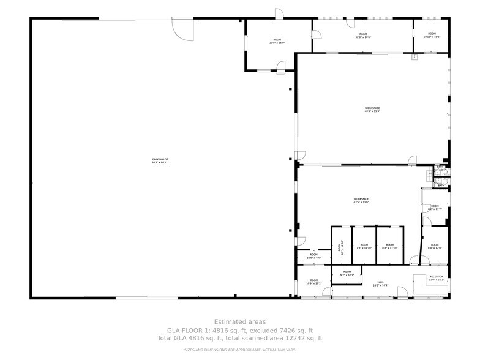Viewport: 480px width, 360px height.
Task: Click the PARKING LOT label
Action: tap(160, 162)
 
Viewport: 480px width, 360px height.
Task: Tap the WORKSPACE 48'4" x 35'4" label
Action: tap(372, 110)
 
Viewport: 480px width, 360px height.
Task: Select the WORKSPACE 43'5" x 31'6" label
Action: tap(361, 200)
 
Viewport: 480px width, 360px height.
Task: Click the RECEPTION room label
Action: tap(436, 278)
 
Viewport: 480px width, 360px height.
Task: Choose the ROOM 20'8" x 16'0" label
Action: tap(277, 42)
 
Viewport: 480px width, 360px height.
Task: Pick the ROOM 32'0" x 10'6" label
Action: tap(363, 36)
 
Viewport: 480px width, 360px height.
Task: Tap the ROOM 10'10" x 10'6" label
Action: tap(432, 35)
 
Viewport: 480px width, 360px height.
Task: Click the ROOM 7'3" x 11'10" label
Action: tap(364, 247)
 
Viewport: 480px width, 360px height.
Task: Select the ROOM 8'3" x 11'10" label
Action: tap(390, 247)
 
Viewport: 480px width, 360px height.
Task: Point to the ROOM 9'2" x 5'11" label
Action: tap(347, 274)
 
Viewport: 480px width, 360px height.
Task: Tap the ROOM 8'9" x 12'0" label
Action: tap(434, 246)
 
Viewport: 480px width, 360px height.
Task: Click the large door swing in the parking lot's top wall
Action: tap(182, 28)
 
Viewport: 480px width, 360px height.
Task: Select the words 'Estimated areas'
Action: tap(240, 321)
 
